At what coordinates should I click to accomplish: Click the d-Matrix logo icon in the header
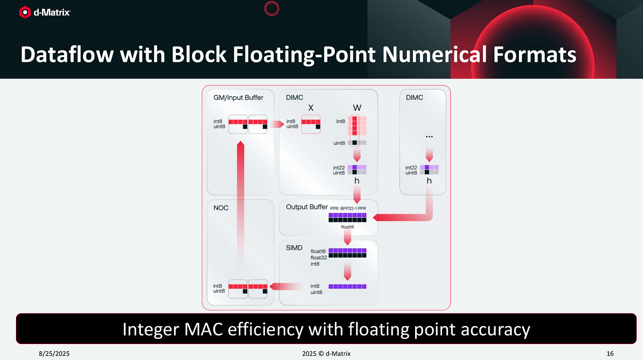pos(25,12)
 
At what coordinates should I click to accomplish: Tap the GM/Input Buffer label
pos(235,98)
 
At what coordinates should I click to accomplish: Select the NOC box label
pos(221,208)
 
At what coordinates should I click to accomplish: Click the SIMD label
pos(295,248)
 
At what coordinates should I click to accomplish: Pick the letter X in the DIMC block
pos(310,108)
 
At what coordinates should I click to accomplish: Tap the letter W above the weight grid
pos(357,108)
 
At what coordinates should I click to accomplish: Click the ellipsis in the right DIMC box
pos(429,137)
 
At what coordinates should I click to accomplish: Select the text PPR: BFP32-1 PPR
pos(348,208)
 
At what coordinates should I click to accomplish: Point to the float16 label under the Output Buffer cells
pos(348,227)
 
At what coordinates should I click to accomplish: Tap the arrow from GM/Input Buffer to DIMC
pos(277,125)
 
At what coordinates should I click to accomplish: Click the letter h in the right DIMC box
pos(429,181)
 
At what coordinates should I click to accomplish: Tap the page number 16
pos(610,353)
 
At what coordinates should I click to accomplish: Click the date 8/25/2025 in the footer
pos(55,353)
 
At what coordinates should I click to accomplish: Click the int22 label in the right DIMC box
pos(412,167)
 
